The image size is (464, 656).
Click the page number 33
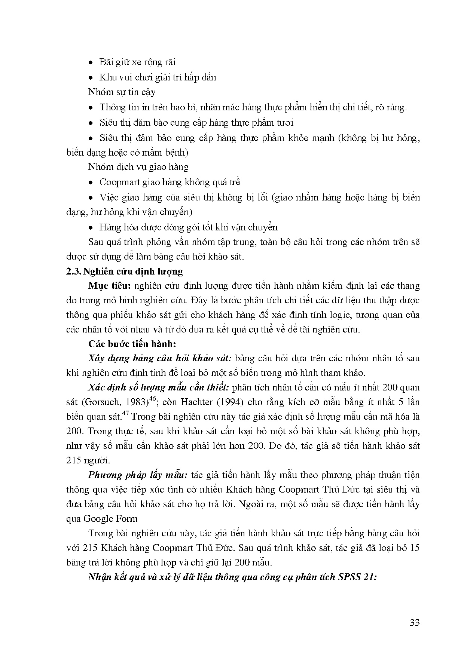(x=414, y=622)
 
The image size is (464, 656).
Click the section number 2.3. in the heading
(x=73, y=272)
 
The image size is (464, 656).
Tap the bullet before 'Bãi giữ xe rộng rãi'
(x=91, y=62)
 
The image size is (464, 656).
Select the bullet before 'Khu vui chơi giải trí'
(x=91, y=78)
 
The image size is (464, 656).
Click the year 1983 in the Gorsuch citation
(x=137, y=402)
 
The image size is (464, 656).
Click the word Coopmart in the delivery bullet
(x=118, y=182)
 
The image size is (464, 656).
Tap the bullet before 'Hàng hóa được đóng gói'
(x=91, y=228)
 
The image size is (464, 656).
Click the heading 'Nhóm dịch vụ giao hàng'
(x=138, y=167)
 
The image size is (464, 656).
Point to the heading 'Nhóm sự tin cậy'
(x=122, y=92)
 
